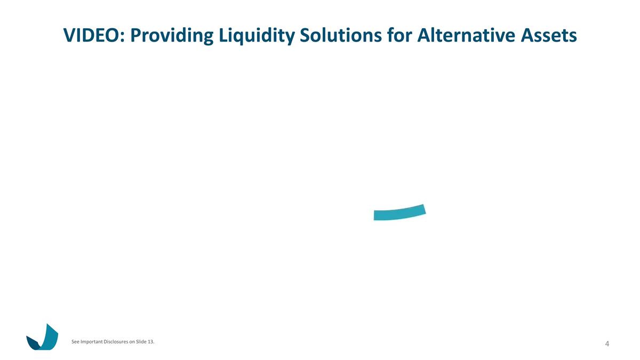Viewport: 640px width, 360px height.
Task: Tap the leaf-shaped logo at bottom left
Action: pos(43,338)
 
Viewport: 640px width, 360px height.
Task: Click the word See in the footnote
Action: pos(75,342)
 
